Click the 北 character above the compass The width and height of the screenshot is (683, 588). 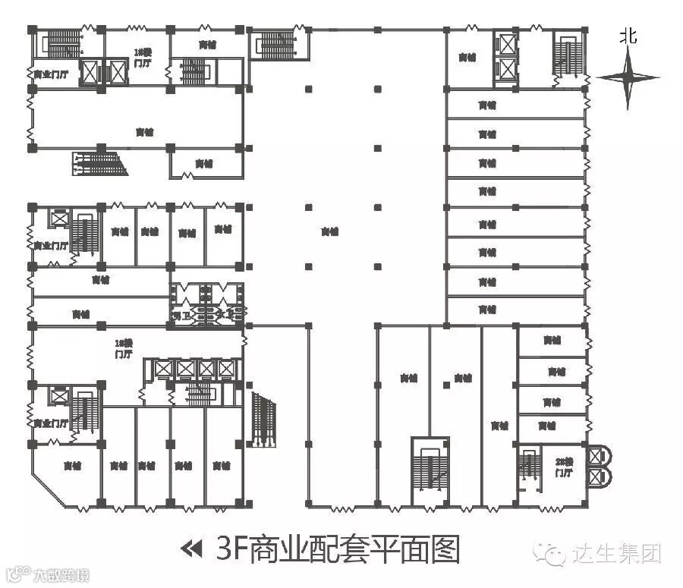click(627, 36)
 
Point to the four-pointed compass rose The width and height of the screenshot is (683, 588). click(628, 77)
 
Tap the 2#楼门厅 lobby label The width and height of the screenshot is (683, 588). click(563, 467)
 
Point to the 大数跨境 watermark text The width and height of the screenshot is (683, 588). click(61, 575)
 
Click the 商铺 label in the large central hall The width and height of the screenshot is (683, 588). click(329, 231)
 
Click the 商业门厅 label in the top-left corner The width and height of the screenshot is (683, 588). click(50, 74)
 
